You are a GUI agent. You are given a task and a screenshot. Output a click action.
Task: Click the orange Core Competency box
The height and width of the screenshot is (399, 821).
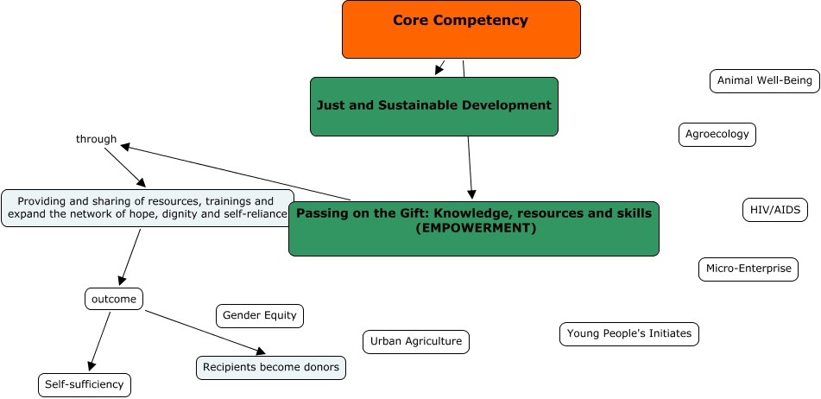coord(461,29)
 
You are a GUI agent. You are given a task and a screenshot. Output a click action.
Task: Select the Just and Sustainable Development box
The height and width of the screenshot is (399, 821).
coord(434,106)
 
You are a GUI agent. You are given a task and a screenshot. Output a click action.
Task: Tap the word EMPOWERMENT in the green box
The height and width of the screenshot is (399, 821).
coord(475,229)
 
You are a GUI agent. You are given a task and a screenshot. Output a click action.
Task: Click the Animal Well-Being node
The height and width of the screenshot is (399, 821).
coord(764,81)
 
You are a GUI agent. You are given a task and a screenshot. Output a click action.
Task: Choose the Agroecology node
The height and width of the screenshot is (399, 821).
coord(717,135)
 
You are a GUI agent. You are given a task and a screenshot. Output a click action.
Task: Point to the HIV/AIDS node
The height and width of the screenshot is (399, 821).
coord(775,210)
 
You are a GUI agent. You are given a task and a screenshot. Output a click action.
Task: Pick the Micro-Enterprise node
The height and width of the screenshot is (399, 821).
coord(748,269)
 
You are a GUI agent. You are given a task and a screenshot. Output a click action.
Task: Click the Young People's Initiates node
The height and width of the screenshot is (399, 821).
coord(629,333)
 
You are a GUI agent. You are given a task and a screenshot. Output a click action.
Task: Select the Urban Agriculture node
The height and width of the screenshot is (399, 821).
coord(416,341)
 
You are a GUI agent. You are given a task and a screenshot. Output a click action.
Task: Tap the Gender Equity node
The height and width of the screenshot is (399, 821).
coord(260,315)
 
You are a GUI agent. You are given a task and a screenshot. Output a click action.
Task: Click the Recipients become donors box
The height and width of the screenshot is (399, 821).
coord(271,367)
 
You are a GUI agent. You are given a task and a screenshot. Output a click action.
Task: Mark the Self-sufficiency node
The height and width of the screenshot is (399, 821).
coord(85,384)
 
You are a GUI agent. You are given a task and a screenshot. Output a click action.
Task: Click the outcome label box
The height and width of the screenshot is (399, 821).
coord(114,299)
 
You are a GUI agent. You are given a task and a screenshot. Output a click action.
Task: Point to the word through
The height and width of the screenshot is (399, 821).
coord(96,139)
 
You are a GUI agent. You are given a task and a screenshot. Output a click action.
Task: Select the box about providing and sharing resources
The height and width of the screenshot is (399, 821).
coord(147,208)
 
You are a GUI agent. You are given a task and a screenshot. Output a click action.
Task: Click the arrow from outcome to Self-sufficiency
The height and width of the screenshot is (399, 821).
coord(100,342)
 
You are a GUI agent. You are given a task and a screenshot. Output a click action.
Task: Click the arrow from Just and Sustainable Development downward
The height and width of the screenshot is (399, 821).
coord(470,168)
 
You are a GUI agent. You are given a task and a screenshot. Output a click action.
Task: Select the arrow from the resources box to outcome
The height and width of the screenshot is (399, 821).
coord(130,256)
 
